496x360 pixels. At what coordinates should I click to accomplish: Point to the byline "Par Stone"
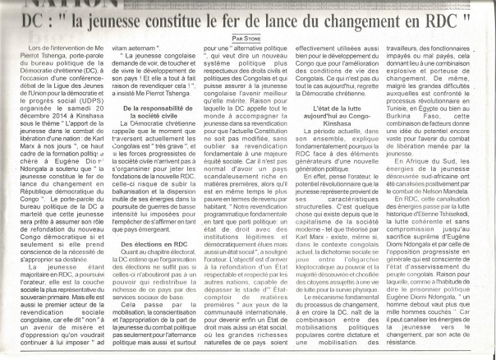coord(246,37)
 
